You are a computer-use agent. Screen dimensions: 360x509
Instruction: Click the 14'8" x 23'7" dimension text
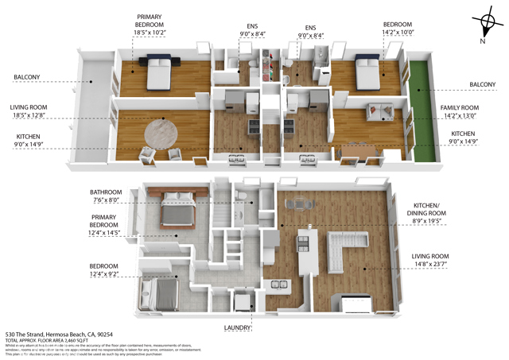click(x=467, y=265)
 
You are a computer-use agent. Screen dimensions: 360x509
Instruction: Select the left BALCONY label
click(x=26, y=77)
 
